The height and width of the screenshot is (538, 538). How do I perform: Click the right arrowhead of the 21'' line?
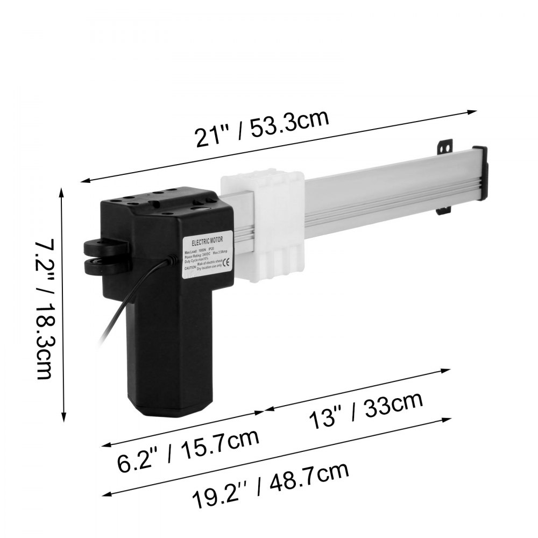click(473, 112)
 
